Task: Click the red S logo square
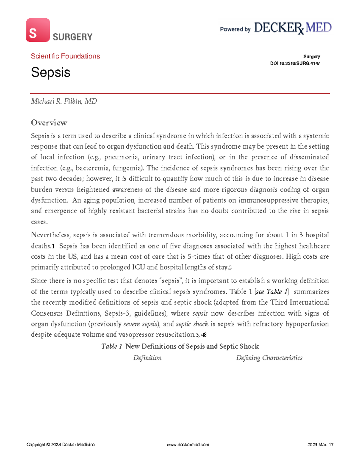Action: (x=38, y=30)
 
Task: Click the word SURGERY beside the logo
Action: (x=72, y=37)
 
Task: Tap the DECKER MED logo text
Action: (x=292, y=28)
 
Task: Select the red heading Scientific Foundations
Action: (x=65, y=56)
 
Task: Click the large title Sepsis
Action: (x=50, y=72)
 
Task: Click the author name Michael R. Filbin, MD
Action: (x=64, y=101)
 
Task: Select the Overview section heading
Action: (x=49, y=123)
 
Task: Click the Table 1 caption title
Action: (x=180, y=346)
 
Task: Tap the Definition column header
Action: (x=147, y=358)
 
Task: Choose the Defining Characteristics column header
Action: (x=269, y=358)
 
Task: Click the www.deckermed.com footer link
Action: (x=188, y=445)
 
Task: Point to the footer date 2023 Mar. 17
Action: (x=320, y=445)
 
